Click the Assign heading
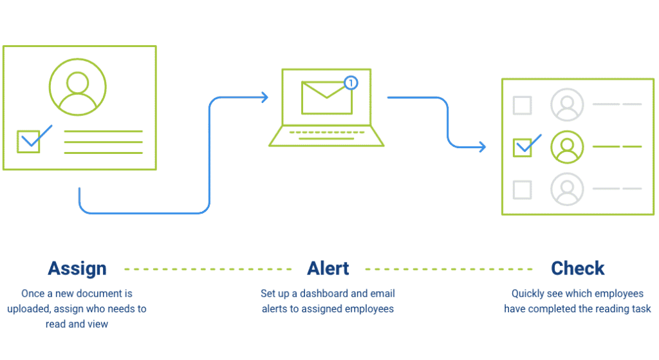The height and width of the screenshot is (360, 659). click(77, 269)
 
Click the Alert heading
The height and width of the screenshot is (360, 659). click(328, 269)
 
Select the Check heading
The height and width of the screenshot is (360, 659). click(577, 269)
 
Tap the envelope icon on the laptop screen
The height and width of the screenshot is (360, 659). click(326, 98)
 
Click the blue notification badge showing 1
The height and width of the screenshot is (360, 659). click(350, 82)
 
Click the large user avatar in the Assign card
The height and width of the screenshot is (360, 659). click(78, 87)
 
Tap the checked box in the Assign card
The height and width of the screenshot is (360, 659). click(29, 141)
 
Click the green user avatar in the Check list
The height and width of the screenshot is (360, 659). click(567, 147)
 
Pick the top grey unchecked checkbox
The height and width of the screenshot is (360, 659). click(522, 105)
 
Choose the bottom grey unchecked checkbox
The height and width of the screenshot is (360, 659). click(522, 190)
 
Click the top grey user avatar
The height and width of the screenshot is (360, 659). click(567, 105)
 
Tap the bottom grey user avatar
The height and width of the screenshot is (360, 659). click(567, 189)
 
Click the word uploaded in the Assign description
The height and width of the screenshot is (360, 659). click(28, 309)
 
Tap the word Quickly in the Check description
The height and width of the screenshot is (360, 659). click(528, 294)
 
